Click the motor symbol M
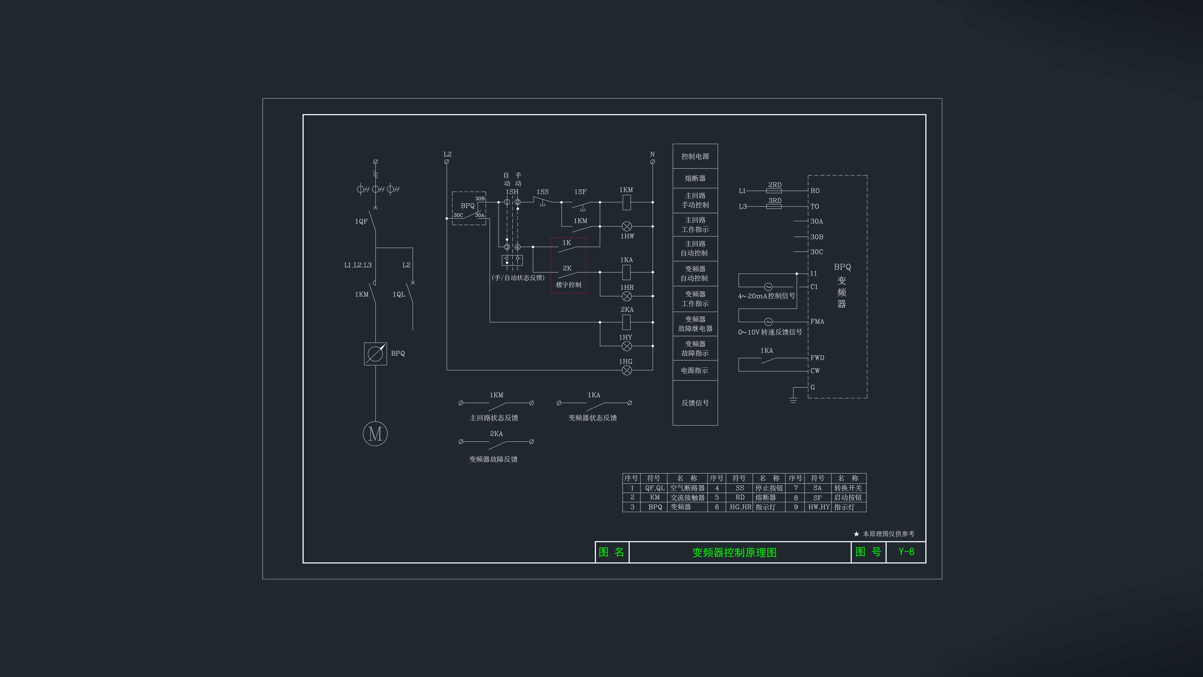pos(375,433)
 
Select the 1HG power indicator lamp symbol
pos(627,370)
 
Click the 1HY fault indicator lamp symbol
pos(627,346)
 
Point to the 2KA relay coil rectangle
pos(627,322)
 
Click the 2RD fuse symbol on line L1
pos(774,191)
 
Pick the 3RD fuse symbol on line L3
pos(774,206)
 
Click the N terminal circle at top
pos(652,162)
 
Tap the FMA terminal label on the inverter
pos(817,322)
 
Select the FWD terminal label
pos(817,358)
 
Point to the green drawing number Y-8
pos(906,552)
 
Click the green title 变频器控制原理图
pos(734,552)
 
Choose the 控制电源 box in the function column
pos(695,156)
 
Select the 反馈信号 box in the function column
pos(695,403)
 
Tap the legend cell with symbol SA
pos(817,488)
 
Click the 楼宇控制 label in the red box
pos(568,285)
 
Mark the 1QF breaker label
pos(361,222)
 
